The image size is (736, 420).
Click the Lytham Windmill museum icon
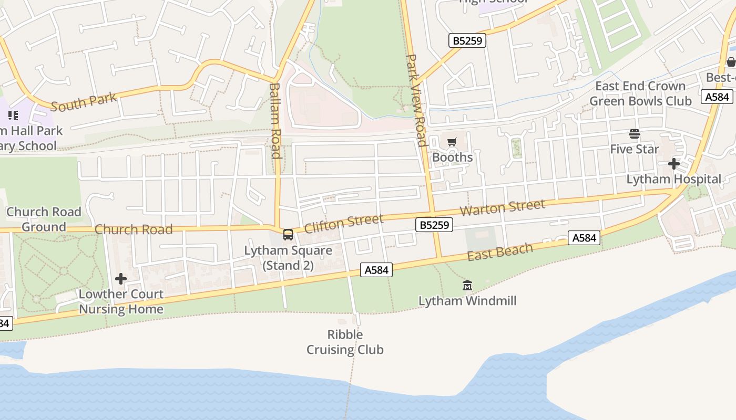coord(467,286)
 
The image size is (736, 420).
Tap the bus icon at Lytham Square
coord(288,235)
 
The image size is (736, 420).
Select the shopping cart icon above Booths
coord(452,142)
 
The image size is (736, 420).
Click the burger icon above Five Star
coord(635,134)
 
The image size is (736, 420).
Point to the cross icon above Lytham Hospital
coord(674,164)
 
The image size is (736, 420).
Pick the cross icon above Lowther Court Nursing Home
coord(121,279)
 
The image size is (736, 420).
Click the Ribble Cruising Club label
coord(345,342)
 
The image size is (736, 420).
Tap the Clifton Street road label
coord(343,223)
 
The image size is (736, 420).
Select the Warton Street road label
coord(502,207)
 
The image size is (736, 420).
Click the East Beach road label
coord(500,252)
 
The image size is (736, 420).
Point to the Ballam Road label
coord(275,120)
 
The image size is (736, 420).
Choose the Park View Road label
coord(416,100)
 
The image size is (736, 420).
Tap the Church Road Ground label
coord(44,219)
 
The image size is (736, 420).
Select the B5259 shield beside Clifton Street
coord(434,225)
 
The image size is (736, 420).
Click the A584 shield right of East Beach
coord(584,238)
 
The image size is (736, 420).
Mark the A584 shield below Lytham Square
coord(376,270)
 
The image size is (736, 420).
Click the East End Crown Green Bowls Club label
coord(640,93)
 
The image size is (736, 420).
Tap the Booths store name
coord(452,157)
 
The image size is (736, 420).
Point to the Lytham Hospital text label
coord(673,179)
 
